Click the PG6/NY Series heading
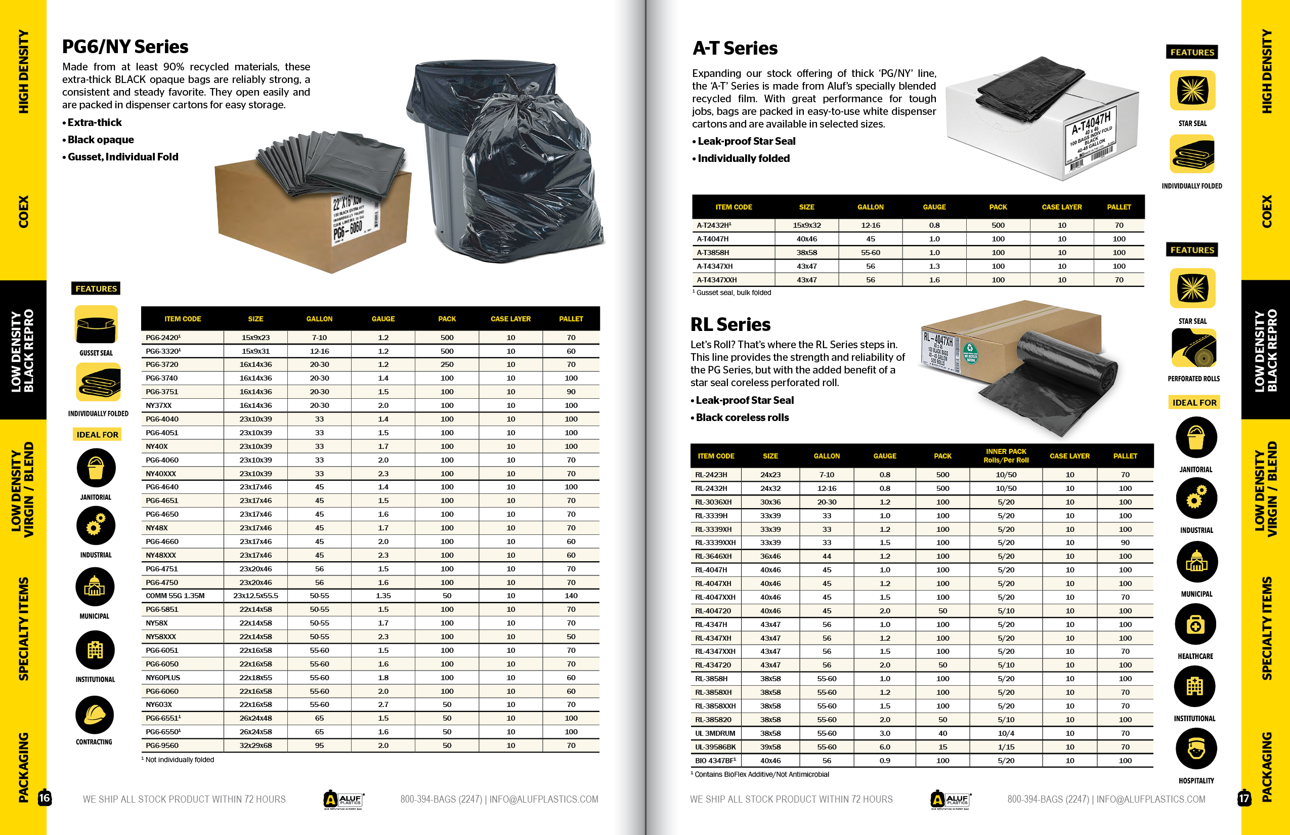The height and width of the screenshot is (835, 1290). [125, 47]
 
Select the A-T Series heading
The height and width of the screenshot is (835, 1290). [735, 48]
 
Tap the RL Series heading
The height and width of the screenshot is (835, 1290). [730, 324]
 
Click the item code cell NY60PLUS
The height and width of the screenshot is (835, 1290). [162, 677]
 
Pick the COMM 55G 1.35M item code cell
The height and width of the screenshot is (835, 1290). [175, 595]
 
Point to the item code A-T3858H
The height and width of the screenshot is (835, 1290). [713, 252]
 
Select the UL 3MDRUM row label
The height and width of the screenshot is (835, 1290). [715, 733]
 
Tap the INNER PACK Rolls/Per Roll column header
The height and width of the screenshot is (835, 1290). [1006, 455]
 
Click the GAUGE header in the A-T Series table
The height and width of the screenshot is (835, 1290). [934, 207]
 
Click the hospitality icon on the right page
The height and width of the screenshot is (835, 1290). [1196, 749]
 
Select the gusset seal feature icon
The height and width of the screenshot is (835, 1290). [96, 324]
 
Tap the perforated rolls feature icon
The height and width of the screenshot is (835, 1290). [1193, 348]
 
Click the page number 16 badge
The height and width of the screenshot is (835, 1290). [45, 798]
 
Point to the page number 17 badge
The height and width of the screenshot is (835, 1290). [1244, 798]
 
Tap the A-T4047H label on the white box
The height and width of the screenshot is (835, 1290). [1091, 122]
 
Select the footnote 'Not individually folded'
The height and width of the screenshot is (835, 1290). [180, 760]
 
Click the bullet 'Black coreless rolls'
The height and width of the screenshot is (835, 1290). [742, 418]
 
